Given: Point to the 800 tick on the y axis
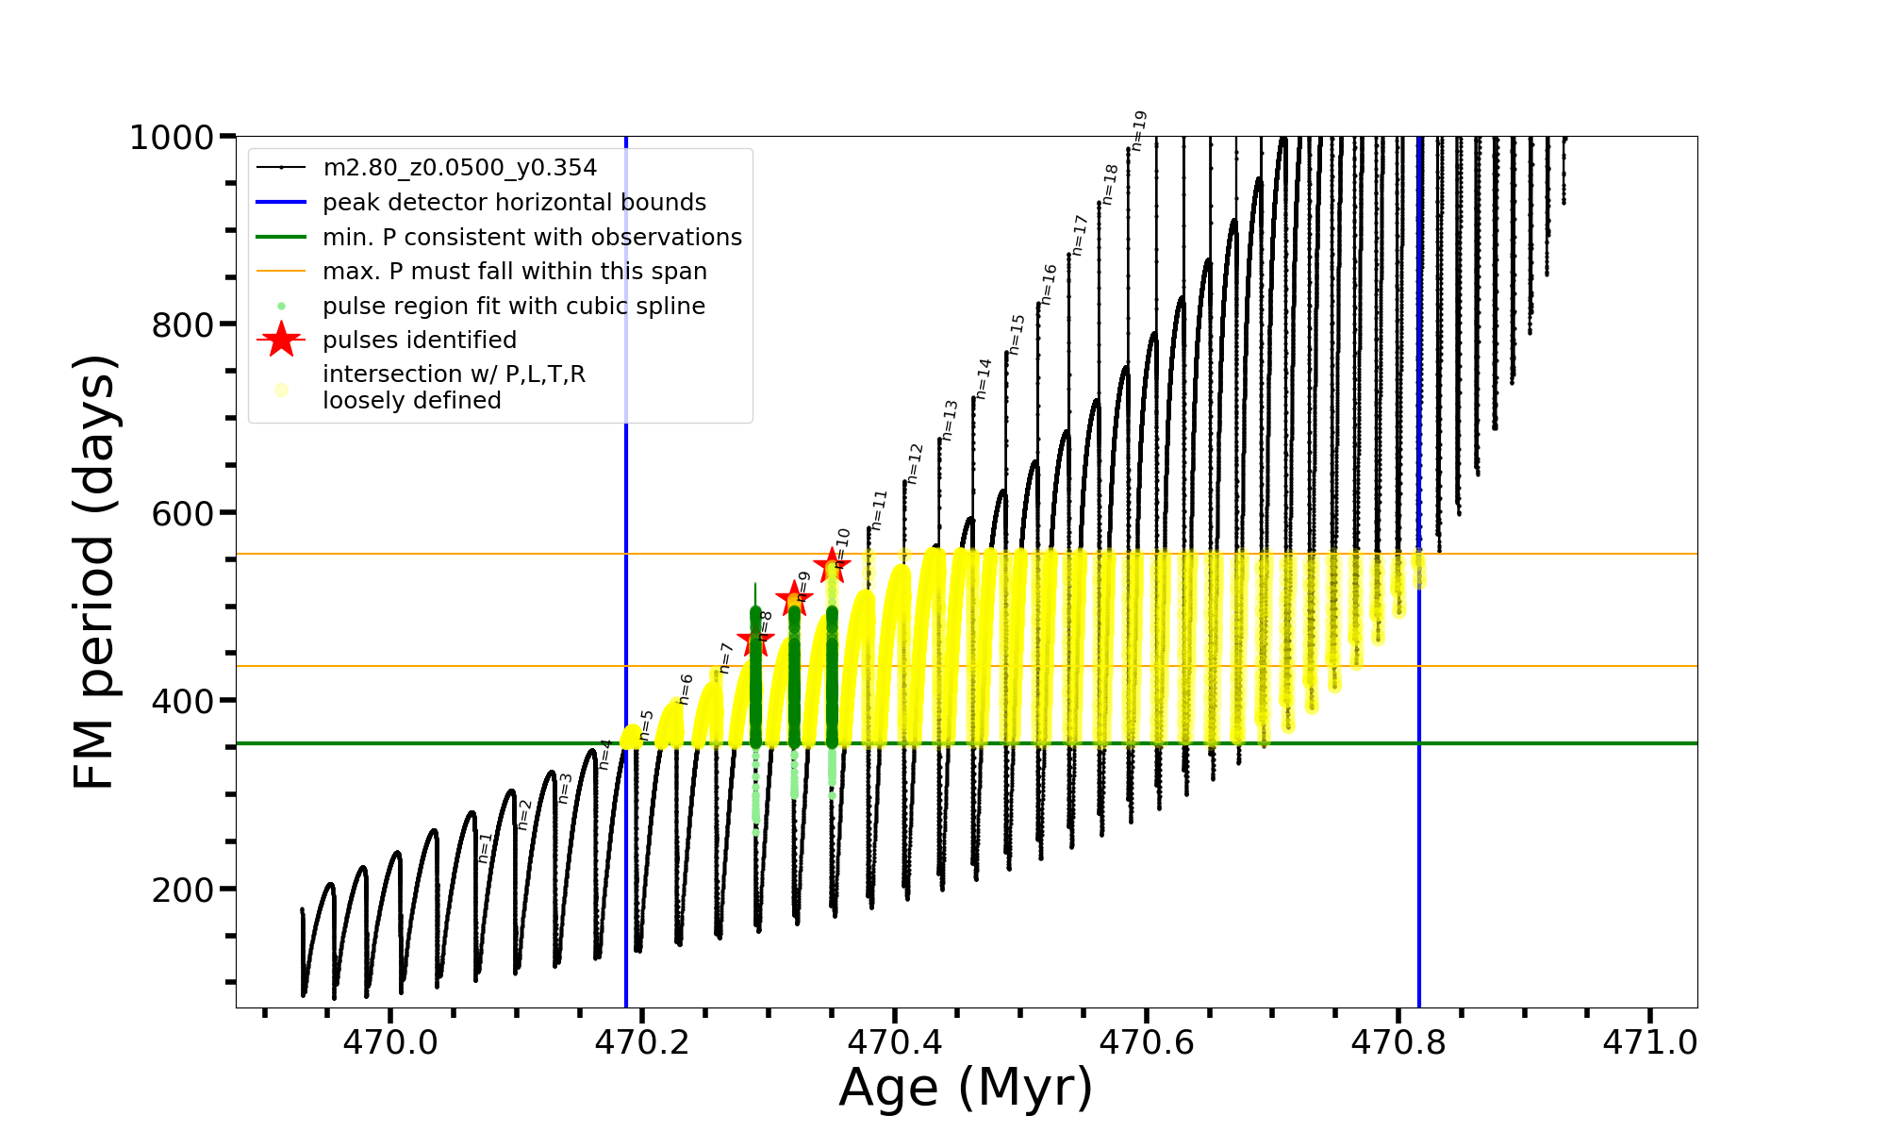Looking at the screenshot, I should pyautogui.click(x=182, y=325).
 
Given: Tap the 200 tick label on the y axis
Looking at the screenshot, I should pyautogui.click(x=182, y=890).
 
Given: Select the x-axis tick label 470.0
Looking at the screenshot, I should pyautogui.click(x=390, y=1042).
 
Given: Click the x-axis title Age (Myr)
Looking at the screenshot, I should pyautogui.click(x=966, y=1088).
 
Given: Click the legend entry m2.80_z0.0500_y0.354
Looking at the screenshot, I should pyautogui.click(x=459, y=168).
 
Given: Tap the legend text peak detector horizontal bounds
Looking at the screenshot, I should pyautogui.click(x=514, y=203).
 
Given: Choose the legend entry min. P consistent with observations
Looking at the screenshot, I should pyautogui.click(x=532, y=238).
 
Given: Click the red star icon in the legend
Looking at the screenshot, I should pyautogui.click(x=281, y=340).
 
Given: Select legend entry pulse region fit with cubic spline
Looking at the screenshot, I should pyautogui.click(x=513, y=307).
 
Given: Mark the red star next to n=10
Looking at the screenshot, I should pyautogui.click(x=832, y=566).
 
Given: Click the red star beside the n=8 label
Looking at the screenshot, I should pyautogui.click(x=755, y=641).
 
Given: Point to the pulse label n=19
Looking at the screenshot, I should pyautogui.click(x=1139, y=130).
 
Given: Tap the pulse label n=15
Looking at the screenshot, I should pyautogui.click(x=1017, y=335).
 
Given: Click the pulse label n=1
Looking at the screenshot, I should pyautogui.click(x=486, y=847).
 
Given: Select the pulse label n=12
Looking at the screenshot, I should pyautogui.click(x=915, y=463).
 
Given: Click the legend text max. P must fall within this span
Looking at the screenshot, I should pyautogui.click(x=514, y=272).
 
